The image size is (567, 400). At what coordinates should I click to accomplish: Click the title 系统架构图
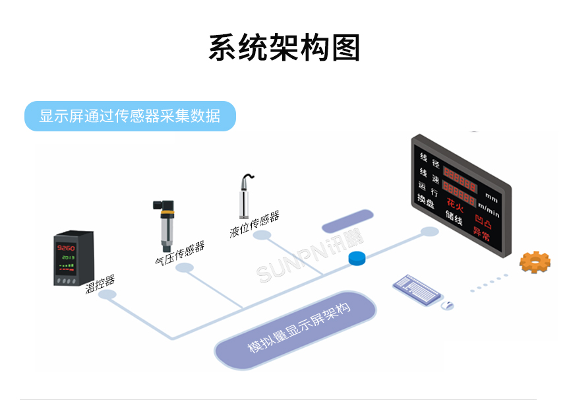point(284,48)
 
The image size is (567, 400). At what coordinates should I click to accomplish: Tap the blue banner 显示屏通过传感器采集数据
point(130,116)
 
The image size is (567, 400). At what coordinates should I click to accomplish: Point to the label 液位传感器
point(254,224)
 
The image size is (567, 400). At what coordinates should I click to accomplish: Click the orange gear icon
point(534,262)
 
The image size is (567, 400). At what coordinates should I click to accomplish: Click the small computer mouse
point(447,305)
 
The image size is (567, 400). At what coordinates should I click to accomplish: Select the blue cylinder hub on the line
point(357,257)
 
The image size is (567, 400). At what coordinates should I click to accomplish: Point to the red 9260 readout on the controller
point(67,247)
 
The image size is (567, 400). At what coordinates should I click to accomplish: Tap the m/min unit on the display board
point(489,211)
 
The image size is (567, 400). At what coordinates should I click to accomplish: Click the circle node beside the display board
point(429,232)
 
